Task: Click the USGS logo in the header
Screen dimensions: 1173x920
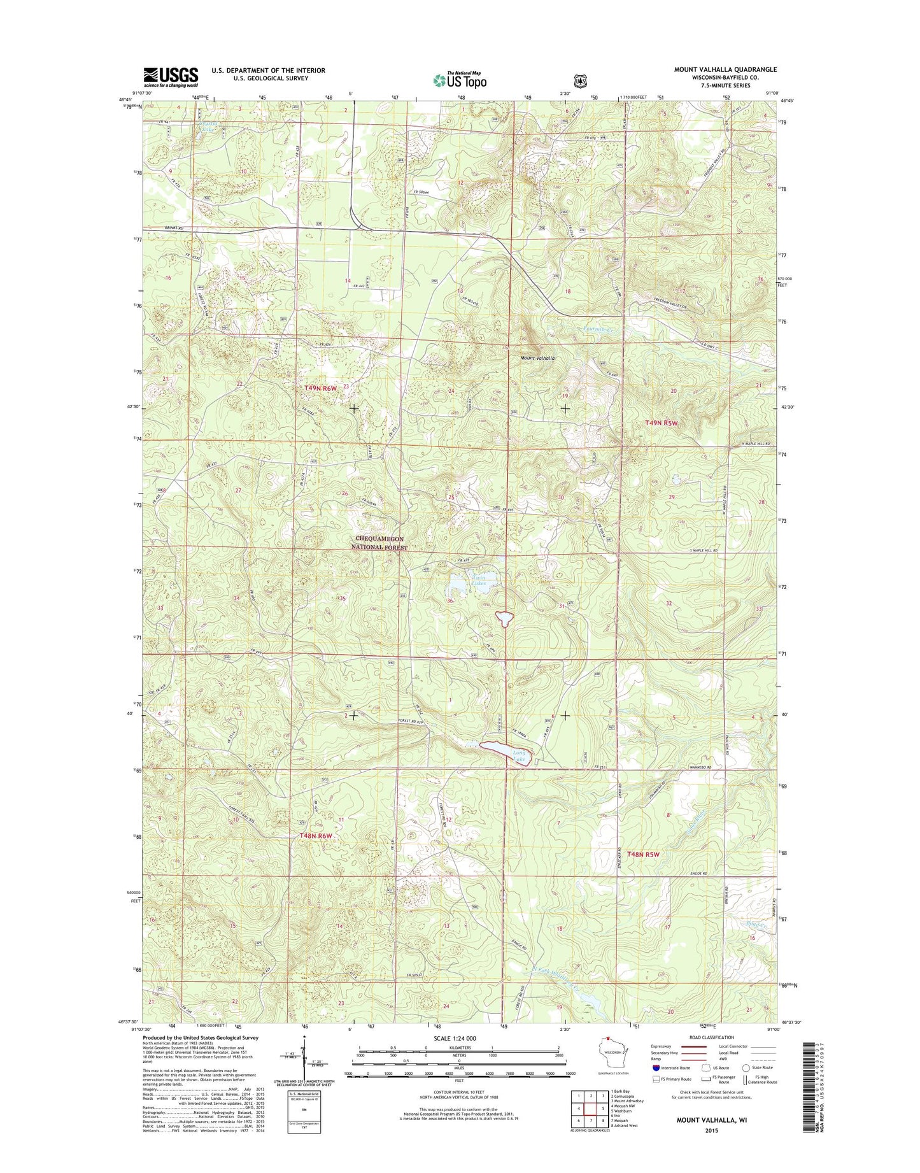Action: (171, 77)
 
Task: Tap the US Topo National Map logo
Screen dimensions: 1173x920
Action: (460, 80)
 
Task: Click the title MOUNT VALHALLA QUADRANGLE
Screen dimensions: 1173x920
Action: (725, 69)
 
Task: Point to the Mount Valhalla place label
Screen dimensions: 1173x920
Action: (537, 359)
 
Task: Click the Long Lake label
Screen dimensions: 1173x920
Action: (520, 756)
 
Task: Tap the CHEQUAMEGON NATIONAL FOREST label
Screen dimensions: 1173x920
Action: (379, 543)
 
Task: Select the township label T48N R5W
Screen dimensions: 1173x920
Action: (639, 854)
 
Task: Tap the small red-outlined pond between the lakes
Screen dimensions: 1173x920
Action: (504, 618)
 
